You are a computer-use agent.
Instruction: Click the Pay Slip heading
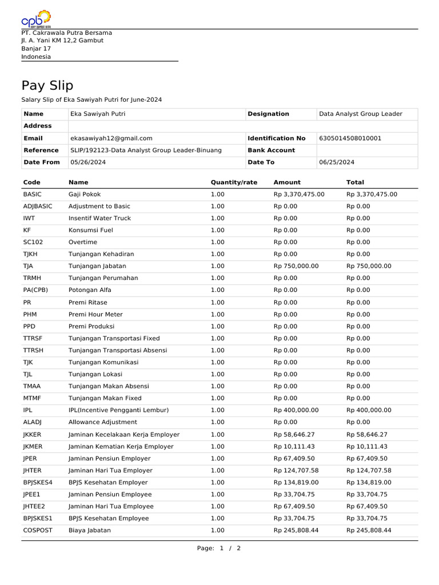(x=47, y=86)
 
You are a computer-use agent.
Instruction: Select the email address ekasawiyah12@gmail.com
(x=111, y=138)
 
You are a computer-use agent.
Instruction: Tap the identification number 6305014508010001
(x=350, y=138)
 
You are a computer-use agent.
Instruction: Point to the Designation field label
(x=268, y=114)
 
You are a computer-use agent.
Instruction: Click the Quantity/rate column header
(x=234, y=182)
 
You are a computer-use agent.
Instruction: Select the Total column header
(x=355, y=182)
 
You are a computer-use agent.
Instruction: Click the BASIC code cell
(x=33, y=194)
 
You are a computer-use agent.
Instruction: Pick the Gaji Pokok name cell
(x=85, y=194)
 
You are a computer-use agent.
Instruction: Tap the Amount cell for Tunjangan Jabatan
(x=296, y=266)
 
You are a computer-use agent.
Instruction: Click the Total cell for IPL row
(x=369, y=410)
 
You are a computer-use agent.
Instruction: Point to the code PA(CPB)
(x=35, y=290)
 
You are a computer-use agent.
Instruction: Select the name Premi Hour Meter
(x=95, y=314)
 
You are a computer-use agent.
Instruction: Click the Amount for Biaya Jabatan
(x=296, y=530)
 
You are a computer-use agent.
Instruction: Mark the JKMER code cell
(x=34, y=446)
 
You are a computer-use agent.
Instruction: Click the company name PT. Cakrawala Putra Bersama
(x=66, y=33)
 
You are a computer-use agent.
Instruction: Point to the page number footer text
(x=219, y=548)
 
